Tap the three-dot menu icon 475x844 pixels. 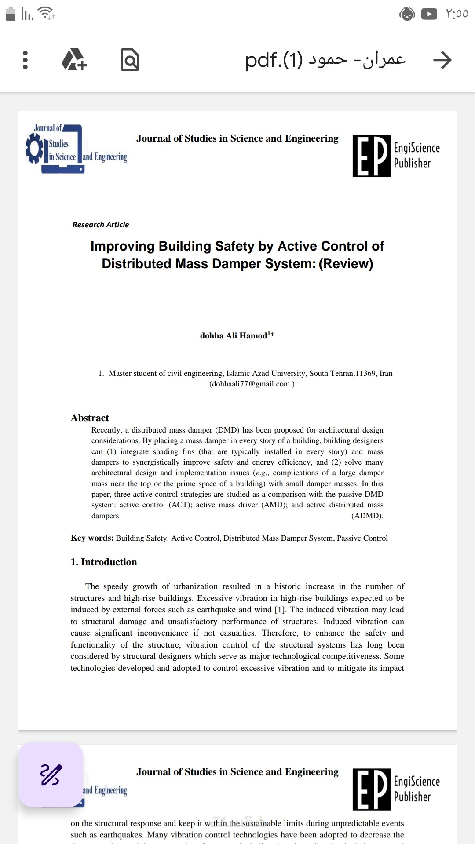(x=25, y=60)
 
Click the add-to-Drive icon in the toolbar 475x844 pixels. (x=74, y=60)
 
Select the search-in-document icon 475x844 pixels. (x=130, y=60)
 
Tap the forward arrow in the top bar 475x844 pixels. (x=442, y=60)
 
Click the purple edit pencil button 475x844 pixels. (x=51, y=775)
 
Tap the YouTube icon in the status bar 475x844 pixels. (x=429, y=14)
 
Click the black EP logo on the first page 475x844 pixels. (x=372, y=156)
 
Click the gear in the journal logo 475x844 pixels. (x=34, y=149)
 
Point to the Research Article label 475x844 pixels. (x=101, y=225)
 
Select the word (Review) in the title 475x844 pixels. (x=346, y=264)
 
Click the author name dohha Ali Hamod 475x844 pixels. (x=234, y=336)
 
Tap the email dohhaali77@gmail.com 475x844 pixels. (x=250, y=384)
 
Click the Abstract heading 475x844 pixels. (x=90, y=418)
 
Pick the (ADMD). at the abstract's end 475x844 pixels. (x=367, y=516)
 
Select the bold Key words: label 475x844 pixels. (x=92, y=538)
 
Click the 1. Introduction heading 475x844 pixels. (x=104, y=562)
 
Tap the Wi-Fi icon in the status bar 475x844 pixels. (x=46, y=13)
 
